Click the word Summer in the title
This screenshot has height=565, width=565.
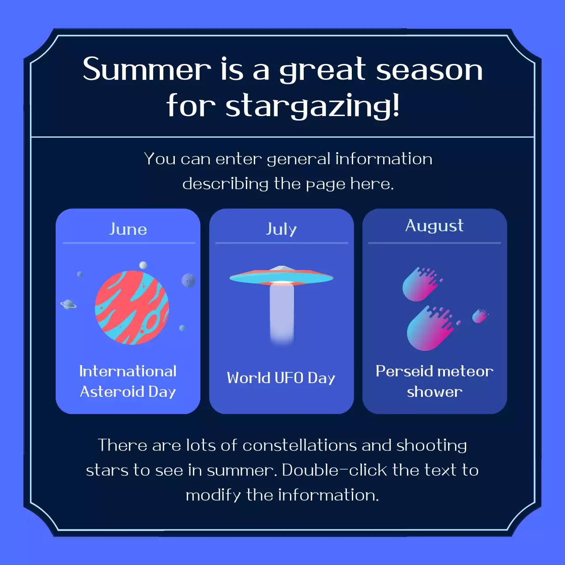coord(147,69)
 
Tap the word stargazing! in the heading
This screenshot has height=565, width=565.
coord(313,106)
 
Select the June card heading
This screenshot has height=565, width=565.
coord(128,229)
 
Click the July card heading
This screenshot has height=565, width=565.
coord(281,229)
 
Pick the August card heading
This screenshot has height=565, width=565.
coord(434,226)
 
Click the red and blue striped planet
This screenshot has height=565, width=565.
coord(132,308)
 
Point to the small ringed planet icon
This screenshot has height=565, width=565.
coord(68,304)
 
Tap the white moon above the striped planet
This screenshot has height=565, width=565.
coord(143,265)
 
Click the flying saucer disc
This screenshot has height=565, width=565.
coord(281,277)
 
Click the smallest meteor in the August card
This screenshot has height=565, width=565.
coord(479,316)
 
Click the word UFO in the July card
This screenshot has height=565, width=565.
coord(289,378)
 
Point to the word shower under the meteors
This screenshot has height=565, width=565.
coord(434,392)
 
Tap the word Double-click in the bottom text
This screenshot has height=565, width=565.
coord(335,470)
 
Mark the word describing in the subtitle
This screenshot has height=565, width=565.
coord(225,184)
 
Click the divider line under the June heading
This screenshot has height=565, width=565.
coord(129,243)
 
